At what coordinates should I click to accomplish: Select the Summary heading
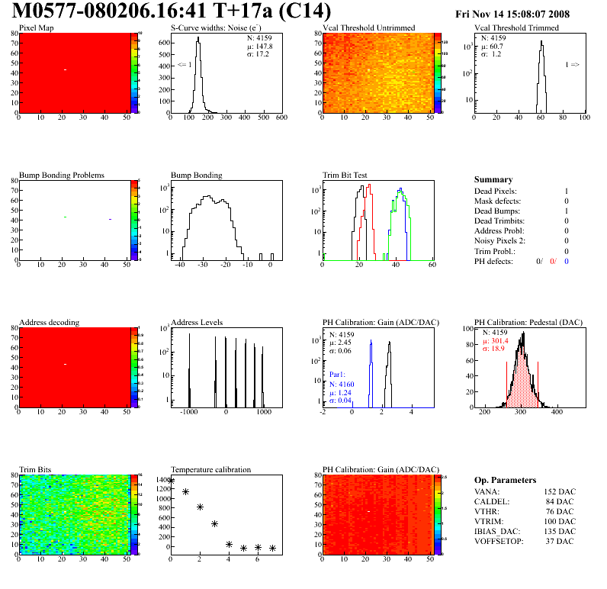(x=493, y=179)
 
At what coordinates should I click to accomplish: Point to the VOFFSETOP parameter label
(x=499, y=541)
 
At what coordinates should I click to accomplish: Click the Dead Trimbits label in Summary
(x=500, y=220)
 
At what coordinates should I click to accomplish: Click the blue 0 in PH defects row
(x=567, y=261)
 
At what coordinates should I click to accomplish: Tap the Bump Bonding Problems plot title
(x=62, y=175)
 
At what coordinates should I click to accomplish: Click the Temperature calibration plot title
(x=210, y=469)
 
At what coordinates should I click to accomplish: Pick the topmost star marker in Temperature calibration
(x=171, y=481)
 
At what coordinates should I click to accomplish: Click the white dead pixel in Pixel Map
(x=66, y=70)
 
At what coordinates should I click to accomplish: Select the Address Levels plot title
(x=198, y=322)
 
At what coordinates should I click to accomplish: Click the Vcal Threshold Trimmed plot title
(x=516, y=27)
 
